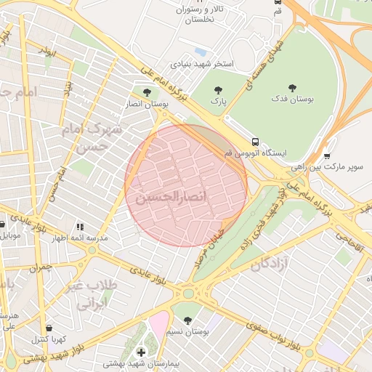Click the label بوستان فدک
pyautogui.click(x=292, y=98)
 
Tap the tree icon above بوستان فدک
pyautogui.click(x=293, y=86)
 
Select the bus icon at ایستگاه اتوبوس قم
pyautogui.click(x=255, y=142)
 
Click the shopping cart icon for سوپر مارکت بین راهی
pyautogui.click(x=327, y=155)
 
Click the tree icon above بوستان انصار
pyautogui.click(x=147, y=93)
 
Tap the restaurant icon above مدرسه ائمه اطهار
pyautogui.click(x=79, y=227)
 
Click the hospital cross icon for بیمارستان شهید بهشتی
pyautogui.click(x=141, y=352)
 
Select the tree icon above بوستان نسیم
pyautogui.click(x=187, y=320)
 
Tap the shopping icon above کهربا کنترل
pyautogui.click(x=48, y=328)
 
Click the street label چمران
pyautogui.click(x=42, y=267)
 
